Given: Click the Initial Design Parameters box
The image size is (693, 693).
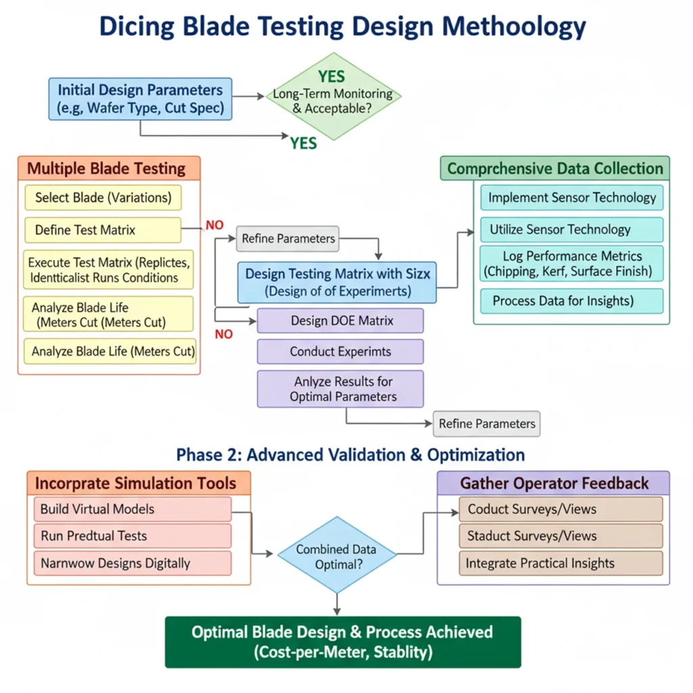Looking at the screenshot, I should tap(140, 99).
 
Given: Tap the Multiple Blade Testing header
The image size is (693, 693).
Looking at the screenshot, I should tap(109, 169).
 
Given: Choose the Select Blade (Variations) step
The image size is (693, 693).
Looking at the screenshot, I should tap(103, 198).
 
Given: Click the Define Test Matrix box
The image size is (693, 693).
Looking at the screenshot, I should tap(103, 230).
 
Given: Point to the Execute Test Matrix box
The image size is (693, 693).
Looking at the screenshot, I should tap(108, 269).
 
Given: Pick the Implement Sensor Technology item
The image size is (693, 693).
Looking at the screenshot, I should tap(572, 198).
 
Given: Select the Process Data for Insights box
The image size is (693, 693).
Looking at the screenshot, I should tap(572, 301).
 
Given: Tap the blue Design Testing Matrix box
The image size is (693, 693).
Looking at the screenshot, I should tap(336, 283).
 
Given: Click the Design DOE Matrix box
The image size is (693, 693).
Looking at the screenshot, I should tap(340, 320).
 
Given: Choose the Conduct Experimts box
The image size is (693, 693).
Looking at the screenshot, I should tap(340, 352).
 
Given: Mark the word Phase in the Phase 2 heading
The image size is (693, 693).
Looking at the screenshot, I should tap(196, 454).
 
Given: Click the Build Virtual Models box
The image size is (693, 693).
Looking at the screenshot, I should tap(132, 509).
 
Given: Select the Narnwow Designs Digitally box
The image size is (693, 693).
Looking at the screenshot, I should tap(132, 563).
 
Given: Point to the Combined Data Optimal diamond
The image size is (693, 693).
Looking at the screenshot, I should tap(336, 556).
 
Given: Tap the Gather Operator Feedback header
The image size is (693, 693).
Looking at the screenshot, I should tap(554, 483).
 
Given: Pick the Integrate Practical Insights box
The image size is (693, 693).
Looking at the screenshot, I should tap(560, 563).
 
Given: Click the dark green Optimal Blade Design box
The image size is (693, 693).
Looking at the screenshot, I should tap(342, 642).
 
